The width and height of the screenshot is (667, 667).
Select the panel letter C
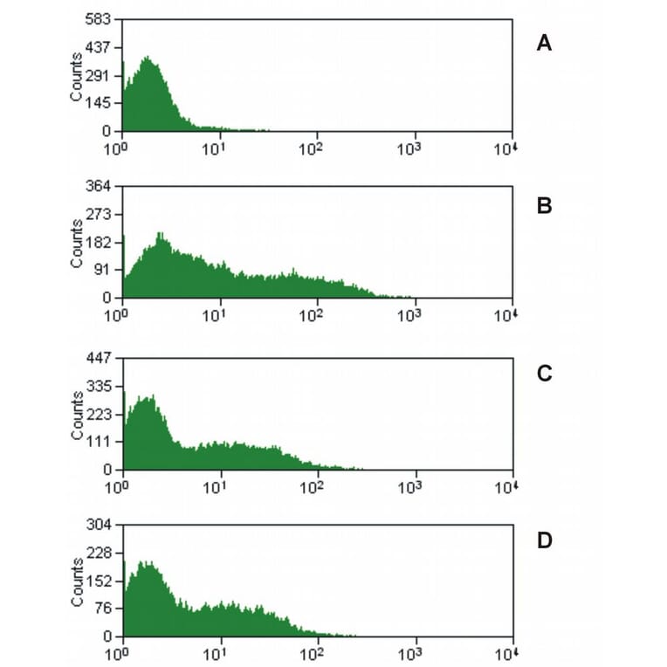click(544, 374)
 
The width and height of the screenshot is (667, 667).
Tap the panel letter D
click(544, 540)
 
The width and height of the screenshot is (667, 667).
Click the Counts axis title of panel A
click(78, 77)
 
